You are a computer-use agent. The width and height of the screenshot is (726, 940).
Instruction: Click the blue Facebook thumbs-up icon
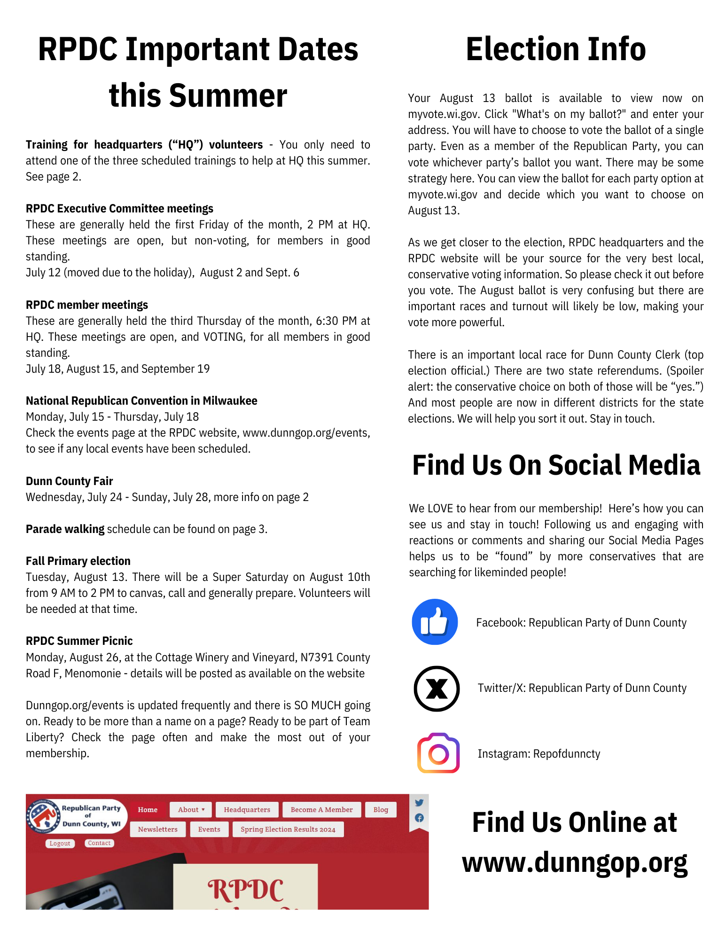tap(435, 622)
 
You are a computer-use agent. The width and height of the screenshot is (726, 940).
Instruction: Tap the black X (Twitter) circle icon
tap(437, 689)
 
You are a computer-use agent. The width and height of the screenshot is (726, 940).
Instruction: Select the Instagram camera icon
tap(438, 753)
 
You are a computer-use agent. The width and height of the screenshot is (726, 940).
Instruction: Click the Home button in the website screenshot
tap(148, 810)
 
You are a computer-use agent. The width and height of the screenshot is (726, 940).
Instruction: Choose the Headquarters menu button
tap(247, 810)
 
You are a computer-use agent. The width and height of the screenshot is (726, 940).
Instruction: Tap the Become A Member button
tap(321, 810)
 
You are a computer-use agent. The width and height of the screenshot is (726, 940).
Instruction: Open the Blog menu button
tap(381, 810)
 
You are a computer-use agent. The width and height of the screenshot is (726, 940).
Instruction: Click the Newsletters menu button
tap(157, 830)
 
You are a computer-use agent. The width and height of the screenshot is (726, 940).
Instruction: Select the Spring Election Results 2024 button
tap(288, 830)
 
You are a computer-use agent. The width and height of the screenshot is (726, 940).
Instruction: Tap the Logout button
tap(60, 844)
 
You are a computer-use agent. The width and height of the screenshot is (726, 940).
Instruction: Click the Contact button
tap(99, 843)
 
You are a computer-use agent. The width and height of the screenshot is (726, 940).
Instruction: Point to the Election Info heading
tap(555, 49)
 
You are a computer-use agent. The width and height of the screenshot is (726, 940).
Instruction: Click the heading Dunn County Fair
tap(69, 481)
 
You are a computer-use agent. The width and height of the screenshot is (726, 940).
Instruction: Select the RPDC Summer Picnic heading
tap(79, 641)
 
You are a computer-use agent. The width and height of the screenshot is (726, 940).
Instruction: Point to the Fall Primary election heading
tap(78, 561)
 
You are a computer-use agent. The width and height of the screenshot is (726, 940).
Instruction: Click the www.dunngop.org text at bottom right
tap(574, 863)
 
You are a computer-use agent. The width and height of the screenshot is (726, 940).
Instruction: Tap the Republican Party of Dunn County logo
tap(43, 816)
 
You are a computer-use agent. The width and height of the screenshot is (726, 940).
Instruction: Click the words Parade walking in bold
tap(65, 529)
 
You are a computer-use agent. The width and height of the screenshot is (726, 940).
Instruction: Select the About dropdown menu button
tap(191, 810)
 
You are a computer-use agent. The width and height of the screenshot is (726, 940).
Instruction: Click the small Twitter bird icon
tap(419, 803)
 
